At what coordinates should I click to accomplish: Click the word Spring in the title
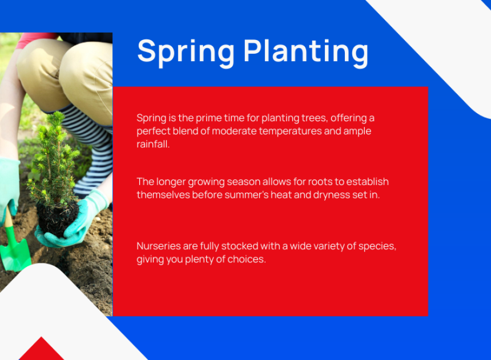[186, 52]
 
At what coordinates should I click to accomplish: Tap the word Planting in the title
[306, 52]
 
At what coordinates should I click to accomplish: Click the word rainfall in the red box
[153, 144]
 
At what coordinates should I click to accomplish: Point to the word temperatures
[290, 131]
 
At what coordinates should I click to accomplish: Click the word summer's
[247, 195]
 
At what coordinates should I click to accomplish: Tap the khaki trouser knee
[84, 78]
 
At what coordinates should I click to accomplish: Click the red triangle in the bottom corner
[41, 349]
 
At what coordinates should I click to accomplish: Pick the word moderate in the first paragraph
[234, 131]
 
